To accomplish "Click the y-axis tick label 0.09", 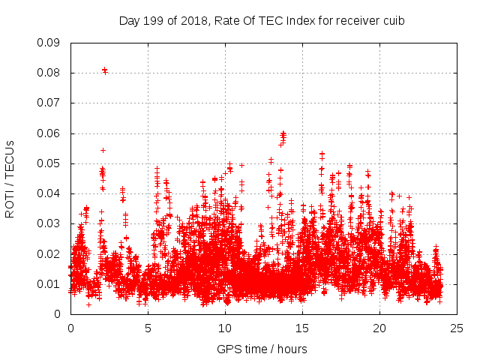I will click(49, 43).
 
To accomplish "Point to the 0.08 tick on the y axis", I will click(49, 73).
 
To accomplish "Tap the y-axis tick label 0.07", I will click(49, 103).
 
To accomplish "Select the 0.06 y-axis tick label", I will click(49, 133).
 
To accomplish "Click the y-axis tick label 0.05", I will click(49, 163).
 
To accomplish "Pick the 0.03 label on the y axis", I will click(49, 223).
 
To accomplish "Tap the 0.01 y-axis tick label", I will click(49, 284).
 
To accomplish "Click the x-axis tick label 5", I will click(148, 328).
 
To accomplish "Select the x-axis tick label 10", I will click(225, 328).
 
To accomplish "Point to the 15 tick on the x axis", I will click(302, 328).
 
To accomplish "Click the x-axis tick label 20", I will click(379, 328).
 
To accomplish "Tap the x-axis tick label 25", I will click(457, 328).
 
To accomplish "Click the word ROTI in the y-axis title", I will click(10, 203).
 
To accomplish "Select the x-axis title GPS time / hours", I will click(262, 349).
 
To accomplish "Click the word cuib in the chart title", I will click(394, 21).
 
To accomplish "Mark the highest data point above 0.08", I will click(104, 70).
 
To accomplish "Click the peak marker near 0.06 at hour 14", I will click(283, 134).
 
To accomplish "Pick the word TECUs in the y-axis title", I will click(10, 157).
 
